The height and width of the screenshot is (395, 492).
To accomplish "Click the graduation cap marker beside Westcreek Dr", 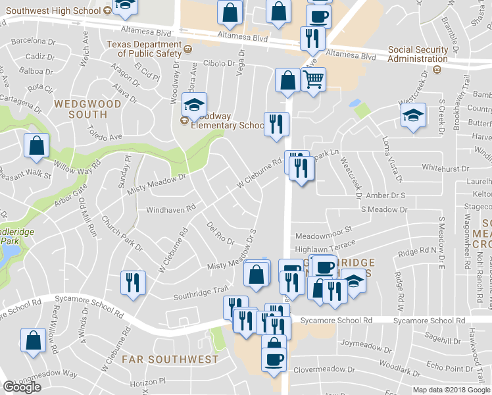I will point(412,115).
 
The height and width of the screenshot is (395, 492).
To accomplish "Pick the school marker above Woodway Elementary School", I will point(195,104).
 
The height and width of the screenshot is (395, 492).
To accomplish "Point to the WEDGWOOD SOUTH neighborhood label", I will point(88,109).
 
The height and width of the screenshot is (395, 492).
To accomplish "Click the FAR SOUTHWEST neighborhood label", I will point(170,359).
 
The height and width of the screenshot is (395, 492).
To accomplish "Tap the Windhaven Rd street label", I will point(171,208).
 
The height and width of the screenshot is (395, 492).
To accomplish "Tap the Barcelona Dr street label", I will point(32,40).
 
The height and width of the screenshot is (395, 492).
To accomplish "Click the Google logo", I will point(22,387).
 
